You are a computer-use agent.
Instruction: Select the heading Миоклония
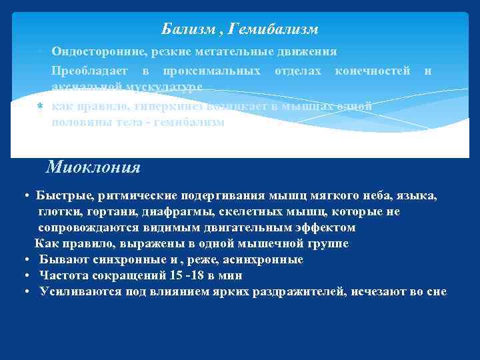(93, 167)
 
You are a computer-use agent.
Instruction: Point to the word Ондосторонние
(93, 51)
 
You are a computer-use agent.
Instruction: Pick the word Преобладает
(87, 71)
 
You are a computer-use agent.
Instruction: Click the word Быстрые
(65, 197)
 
